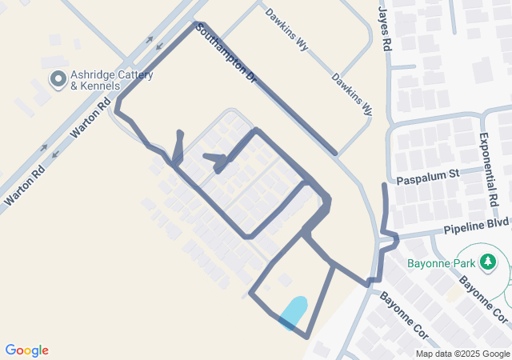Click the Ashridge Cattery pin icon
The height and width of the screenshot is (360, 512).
(58, 79)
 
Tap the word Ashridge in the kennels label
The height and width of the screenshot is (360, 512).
(95, 74)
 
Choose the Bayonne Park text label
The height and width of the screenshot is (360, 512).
(439, 262)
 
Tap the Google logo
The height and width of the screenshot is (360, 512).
(26, 350)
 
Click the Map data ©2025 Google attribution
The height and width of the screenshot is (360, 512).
(462, 354)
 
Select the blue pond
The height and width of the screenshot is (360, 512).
(294, 312)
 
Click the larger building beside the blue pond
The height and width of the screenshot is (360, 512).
(284, 280)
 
